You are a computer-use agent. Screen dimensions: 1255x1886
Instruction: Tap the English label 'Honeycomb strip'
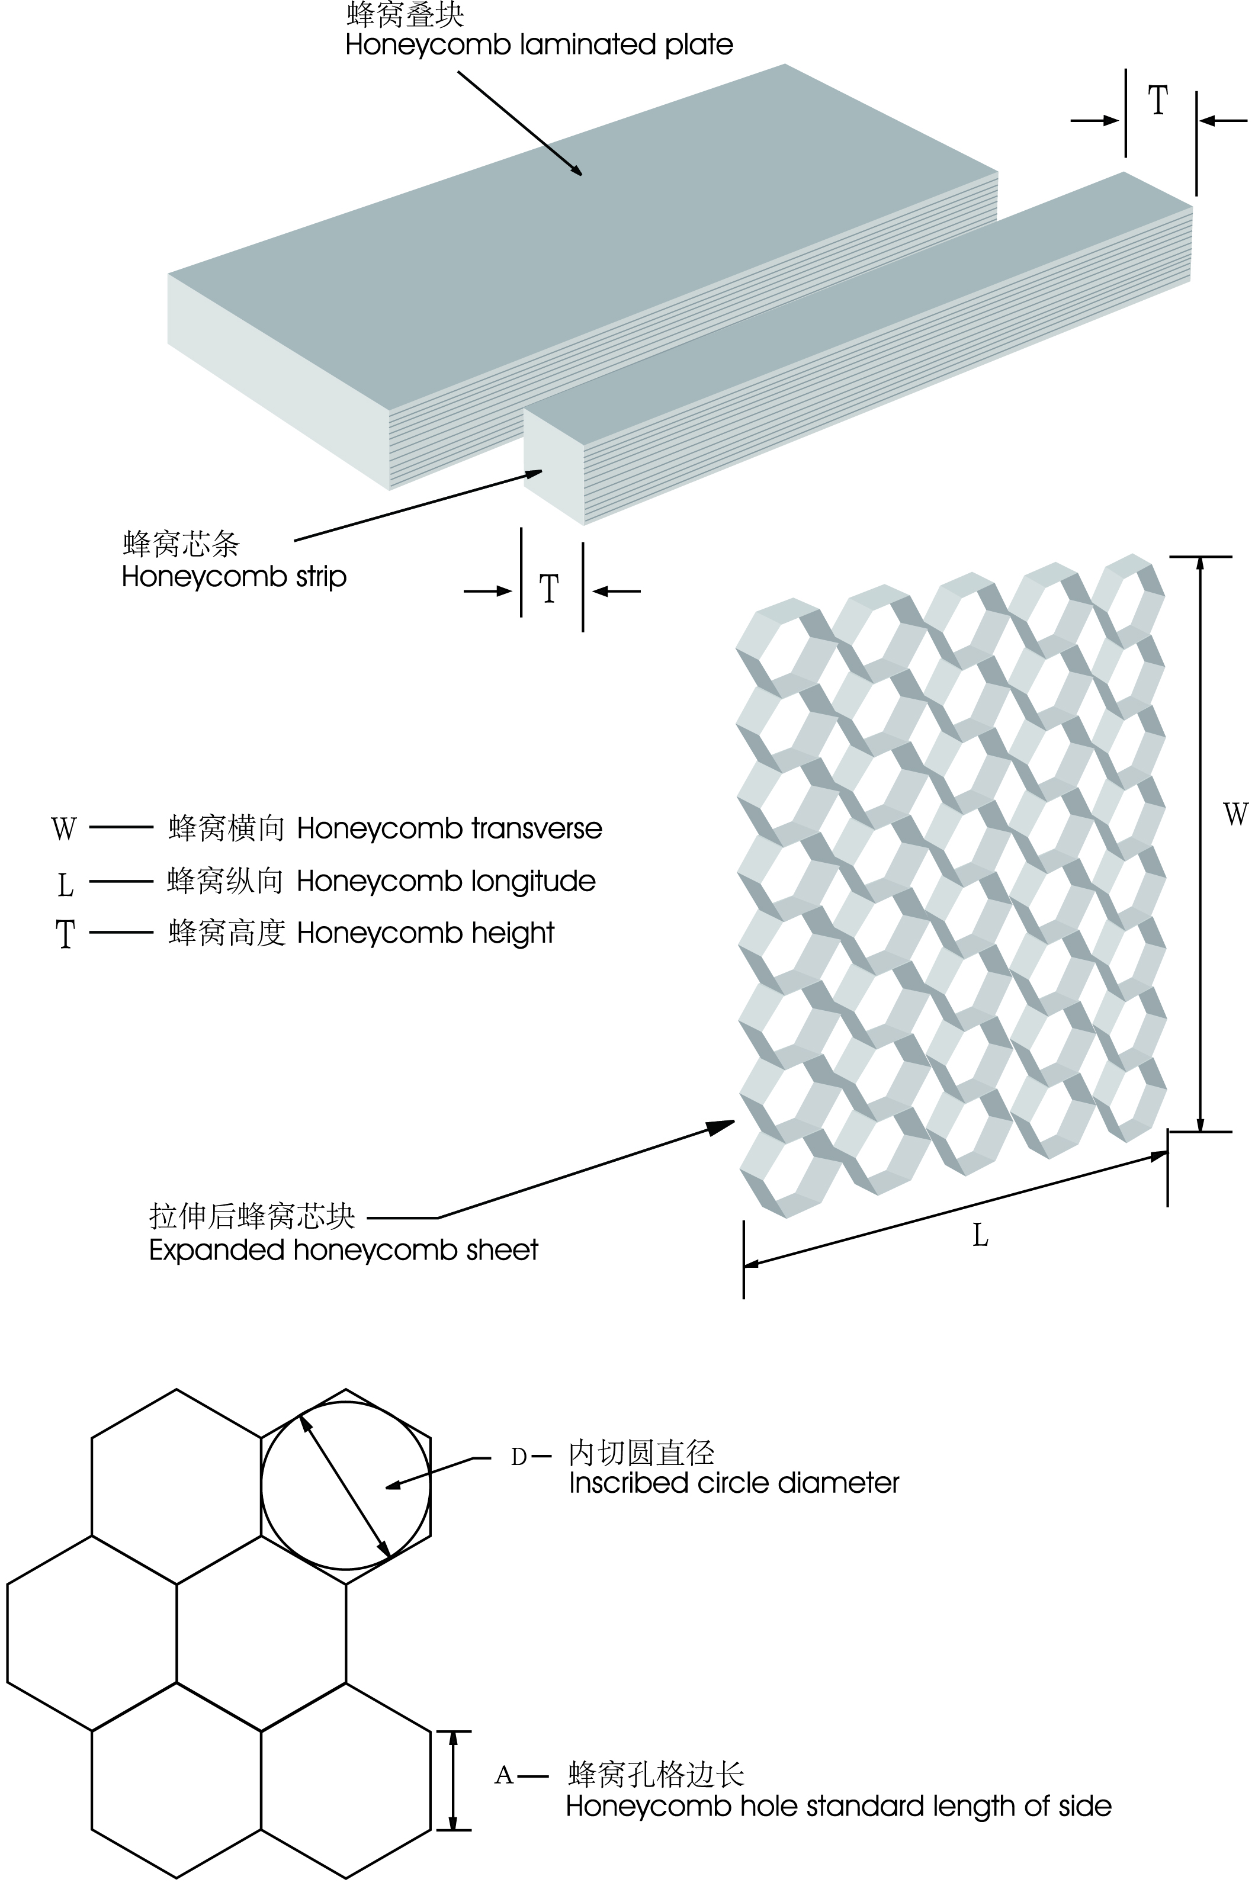click(234, 577)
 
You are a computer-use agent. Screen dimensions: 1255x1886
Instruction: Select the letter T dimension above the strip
click(1157, 101)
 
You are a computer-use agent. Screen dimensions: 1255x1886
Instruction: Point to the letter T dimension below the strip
click(549, 590)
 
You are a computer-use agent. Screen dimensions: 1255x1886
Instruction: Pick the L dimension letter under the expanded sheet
click(980, 1236)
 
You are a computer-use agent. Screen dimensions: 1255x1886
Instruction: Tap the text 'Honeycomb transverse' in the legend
click(449, 828)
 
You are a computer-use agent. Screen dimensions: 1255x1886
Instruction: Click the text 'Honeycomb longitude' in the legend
click(446, 881)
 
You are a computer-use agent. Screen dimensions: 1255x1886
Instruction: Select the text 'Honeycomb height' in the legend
click(425, 933)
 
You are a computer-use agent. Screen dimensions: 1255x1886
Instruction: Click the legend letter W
click(64, 828)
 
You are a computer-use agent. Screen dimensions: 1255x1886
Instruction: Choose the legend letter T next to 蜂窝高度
click(65, 934)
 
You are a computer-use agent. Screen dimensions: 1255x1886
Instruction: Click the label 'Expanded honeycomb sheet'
click(344, 1250)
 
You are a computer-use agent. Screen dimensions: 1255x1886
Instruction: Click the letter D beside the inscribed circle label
click(519, 1457)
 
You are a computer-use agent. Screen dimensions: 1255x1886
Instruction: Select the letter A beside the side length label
click(503, 1775)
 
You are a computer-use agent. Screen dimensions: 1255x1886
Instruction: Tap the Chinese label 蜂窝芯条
click(181, 544)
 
